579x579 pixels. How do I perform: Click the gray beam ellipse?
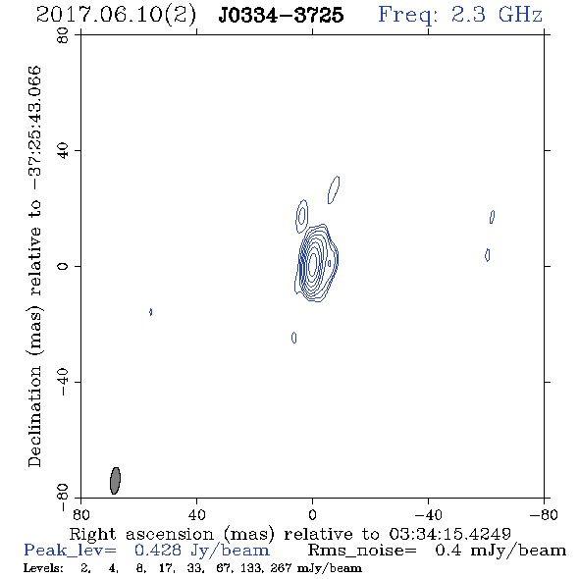click(115, 481)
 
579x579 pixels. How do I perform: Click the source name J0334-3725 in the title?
click(281, 15)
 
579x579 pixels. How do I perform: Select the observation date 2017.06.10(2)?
click(116, 15)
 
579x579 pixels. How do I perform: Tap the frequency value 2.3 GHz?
click(497, 15)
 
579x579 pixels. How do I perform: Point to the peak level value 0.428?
click(158, 551)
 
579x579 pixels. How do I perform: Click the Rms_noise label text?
click(362, 551)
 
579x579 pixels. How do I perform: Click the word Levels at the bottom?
click(43, 568)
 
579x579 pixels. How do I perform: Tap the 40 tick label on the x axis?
click(196, 514)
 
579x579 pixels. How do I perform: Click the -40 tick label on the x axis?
click(428, 514)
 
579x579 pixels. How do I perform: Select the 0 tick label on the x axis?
click(312, 514)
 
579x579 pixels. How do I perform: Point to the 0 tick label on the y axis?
click(63, 266)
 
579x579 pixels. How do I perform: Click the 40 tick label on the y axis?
click(63, 151)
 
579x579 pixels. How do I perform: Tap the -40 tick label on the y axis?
click(63, 382)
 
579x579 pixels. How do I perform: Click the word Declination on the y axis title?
click(34, 417)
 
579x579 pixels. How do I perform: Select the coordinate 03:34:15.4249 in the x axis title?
click(450, 534)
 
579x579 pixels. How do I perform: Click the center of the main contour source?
click(313, 262)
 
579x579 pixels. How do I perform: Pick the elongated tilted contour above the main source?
click(334, 189)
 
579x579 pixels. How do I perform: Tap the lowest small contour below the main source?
click(294, 338)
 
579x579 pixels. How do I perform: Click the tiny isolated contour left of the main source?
click(151, 312)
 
